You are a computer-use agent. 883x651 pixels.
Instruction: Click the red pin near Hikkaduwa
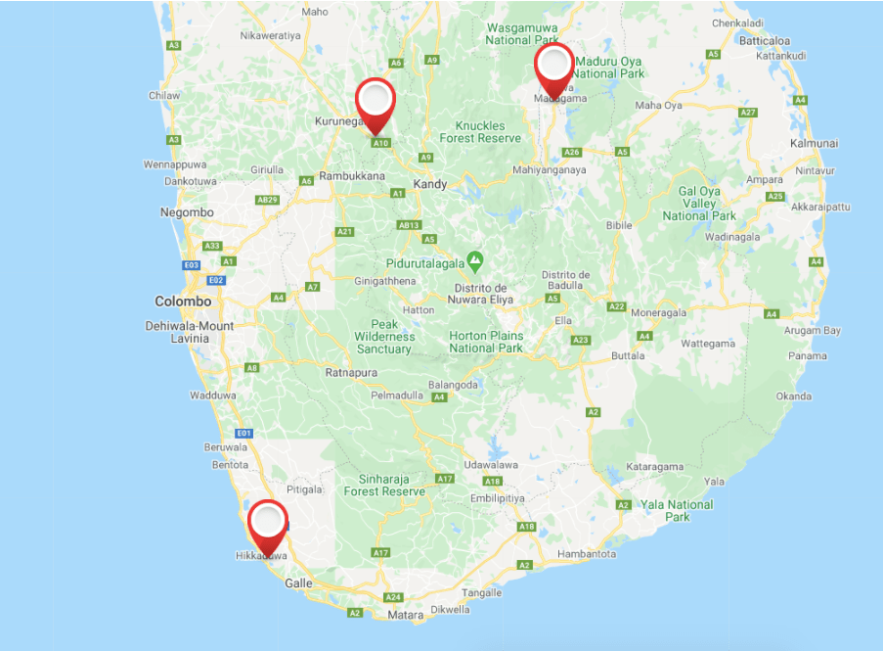(268, 523)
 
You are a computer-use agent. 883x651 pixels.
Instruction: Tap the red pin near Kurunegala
(375, 101)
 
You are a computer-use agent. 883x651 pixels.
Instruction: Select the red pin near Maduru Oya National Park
(554, 66)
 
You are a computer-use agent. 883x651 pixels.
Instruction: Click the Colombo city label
(183, 302)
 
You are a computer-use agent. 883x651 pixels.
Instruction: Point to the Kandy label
(430, 184)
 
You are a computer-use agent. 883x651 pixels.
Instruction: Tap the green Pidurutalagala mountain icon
(475, 261)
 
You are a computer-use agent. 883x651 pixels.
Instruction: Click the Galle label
(298, 582)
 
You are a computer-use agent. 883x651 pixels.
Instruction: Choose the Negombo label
(187, 212)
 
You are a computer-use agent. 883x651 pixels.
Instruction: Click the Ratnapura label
(350, 372)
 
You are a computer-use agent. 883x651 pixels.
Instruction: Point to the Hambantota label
(587, 554)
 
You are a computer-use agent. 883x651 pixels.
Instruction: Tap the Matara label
(406, 615)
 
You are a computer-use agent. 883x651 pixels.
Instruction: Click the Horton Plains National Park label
(486, 342)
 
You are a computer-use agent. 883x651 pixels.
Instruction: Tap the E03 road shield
(192, 265)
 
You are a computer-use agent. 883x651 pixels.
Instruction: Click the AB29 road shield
(266, 200)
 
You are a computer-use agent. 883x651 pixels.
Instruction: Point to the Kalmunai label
(815, 143)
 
